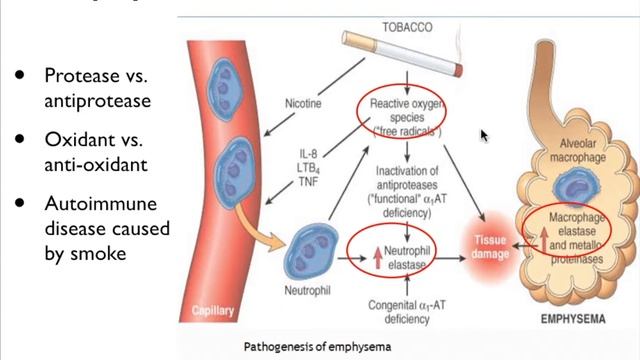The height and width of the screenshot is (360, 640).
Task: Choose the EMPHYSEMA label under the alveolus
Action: click(576, 322)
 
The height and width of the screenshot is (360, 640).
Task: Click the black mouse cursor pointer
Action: click(485, 134)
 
